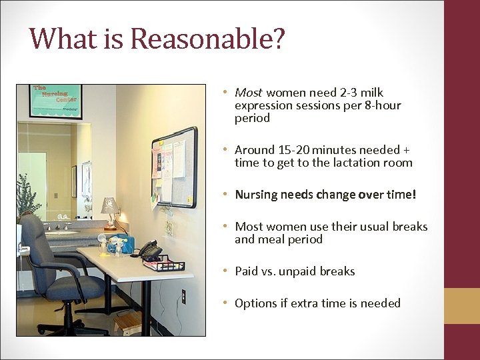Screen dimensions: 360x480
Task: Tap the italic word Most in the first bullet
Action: (248, 93)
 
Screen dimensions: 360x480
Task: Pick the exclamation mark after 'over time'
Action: (414, 195)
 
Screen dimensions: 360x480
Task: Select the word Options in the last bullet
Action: (255, 303)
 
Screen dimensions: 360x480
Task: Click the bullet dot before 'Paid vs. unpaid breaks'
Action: (227, 271)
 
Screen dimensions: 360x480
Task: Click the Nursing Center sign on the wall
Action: (55, 101)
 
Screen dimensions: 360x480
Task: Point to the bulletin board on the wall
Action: (174, 167)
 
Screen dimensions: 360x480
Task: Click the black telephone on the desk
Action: (149, 249)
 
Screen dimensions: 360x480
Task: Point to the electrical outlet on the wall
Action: (183, 295)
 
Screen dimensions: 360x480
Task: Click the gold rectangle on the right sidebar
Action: (462, 306)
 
